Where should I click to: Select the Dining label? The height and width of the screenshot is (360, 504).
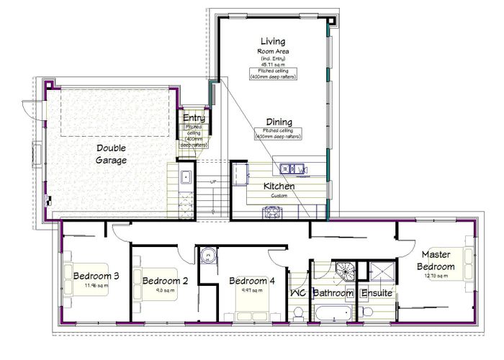point(279,122)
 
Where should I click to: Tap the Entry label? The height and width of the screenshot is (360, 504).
point(194,118)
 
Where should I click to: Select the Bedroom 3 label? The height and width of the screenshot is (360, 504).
point(96,276)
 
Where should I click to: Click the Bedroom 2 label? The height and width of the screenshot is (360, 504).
point(165,281)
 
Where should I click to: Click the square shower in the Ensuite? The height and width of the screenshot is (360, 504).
point(379,272)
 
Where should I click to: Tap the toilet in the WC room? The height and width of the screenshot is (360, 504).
point(298,312)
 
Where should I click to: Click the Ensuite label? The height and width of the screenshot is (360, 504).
point(376,294)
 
